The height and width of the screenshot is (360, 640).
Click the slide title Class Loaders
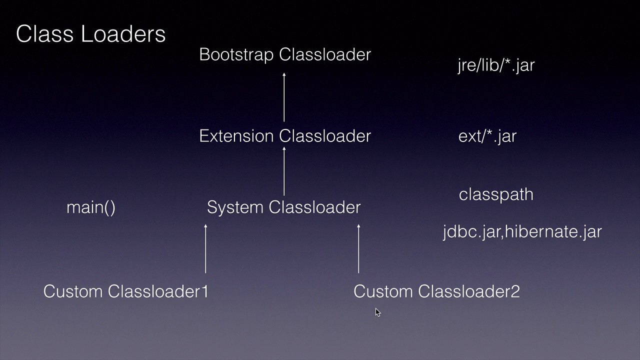(90, 34)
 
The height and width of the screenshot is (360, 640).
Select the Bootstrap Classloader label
(284, 54)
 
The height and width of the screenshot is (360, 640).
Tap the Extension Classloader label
(284, 136)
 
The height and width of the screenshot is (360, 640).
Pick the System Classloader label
(283, 207)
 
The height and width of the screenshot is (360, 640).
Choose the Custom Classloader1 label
(125, 291)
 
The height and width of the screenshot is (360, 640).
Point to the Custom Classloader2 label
(436, 291)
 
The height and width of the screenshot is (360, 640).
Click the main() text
(91, 207)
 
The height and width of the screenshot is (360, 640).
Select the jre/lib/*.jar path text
(496, 65)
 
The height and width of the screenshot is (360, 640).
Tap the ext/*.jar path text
(487, 136)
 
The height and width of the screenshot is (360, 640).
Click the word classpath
(496, 194)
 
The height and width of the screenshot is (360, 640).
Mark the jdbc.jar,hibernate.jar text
(522, 231)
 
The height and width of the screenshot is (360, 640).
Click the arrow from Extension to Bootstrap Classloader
(284, 97)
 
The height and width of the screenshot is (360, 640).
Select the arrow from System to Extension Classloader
(284, 171)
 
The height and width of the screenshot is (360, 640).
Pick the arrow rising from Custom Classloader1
(205, 249)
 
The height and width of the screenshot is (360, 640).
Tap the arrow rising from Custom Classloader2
(358, 249)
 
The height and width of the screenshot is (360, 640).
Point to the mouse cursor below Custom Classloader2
(377, 312)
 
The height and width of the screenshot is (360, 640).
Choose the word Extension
(237, 136)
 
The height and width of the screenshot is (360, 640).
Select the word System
(235, 207)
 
